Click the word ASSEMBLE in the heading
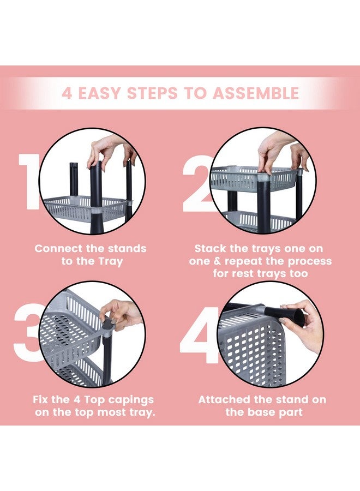coord(255,93)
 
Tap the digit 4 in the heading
coord(67,93)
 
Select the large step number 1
coord(29,181)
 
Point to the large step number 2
coord(196,184)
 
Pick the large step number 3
coord(28,333)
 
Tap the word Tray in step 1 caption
coord(111,261)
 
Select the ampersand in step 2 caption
coord(217,261)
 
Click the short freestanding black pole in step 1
coord(74,179)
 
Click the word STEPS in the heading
coord(152,93)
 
